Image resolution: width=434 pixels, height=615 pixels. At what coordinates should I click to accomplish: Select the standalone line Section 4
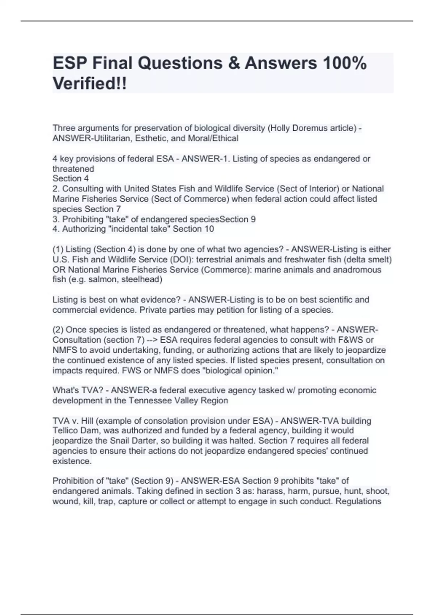pos(71,178)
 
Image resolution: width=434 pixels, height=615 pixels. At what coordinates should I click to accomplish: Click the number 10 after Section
pos(209,229)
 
